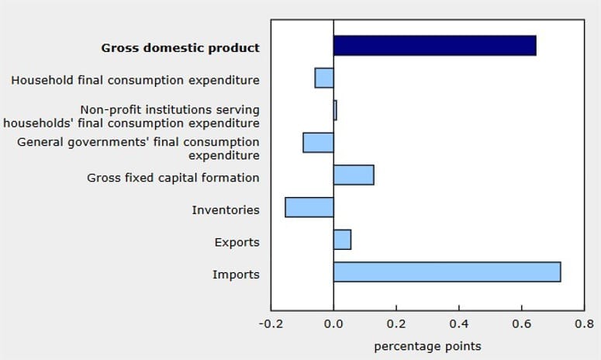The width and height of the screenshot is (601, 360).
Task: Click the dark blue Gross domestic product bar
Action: [434, 46]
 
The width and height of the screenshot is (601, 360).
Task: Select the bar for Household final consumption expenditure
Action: [324, 78]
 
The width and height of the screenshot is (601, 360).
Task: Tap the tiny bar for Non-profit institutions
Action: [335, 110]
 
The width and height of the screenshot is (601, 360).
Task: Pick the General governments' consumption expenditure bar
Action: [318, 143]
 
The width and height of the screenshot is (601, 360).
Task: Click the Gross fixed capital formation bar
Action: [354, 175]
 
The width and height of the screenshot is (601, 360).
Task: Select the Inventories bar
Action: [309, 208]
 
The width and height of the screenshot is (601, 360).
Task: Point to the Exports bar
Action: [342, 241]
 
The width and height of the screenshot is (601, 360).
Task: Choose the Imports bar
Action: [447, 272]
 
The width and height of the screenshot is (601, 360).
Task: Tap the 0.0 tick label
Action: [333, 324]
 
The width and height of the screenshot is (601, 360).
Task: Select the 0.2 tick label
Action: [396, 324]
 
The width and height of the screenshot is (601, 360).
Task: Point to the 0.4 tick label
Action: [459, 324]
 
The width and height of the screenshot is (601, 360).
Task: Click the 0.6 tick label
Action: [522, 324]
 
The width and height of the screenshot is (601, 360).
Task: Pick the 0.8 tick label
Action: [584, 324]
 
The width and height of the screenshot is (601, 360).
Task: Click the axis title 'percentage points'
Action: [427, 346]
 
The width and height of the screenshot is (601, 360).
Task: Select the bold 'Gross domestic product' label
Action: [181, 47]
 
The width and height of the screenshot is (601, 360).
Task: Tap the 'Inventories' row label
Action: [226, 210]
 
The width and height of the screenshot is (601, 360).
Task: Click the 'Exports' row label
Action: [237, 243]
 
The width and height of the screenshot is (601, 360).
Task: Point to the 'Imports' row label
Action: [236, 275]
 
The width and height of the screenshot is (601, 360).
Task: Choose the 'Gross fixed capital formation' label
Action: [173, 178]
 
